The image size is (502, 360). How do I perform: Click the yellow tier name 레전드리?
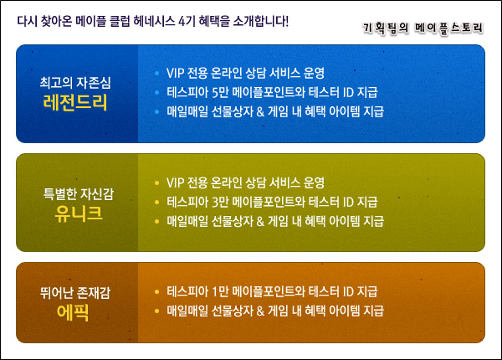(x=75, y=102)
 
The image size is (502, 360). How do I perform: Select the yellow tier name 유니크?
(x=79, y=213)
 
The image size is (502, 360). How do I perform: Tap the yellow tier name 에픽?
(x=73, y=312)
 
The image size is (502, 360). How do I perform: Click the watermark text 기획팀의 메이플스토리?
(x=423, y=28)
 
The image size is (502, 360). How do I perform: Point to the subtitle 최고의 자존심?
(x=75, y=83)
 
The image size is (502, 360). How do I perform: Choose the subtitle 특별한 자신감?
(x=79, y=193)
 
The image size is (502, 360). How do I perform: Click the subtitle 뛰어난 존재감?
(x=75, y=293)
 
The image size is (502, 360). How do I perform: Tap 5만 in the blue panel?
(x=220, y=93)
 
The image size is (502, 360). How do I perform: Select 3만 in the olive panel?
(x=220, y=202)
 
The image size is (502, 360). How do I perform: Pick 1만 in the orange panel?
(x=220, y=291)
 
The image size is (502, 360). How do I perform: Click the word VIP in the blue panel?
(x=175, y=74)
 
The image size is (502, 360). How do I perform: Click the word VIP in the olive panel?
(x=175, y=183)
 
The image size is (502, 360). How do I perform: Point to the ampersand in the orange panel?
(x=260, y=311)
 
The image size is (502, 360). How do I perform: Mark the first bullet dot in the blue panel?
(x=156, y=74)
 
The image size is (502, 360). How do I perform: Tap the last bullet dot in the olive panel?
(x=156, y=221)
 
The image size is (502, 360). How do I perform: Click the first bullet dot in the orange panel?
(x=156, y=292)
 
